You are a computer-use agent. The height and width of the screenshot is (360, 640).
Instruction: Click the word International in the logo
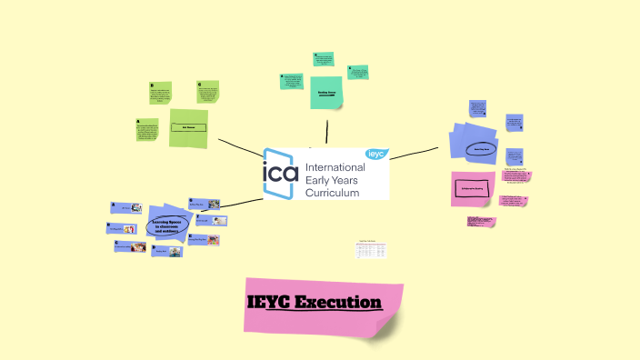335,167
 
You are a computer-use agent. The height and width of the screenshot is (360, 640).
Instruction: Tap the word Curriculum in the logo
333,193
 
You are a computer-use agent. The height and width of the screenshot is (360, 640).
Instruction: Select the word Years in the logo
345,180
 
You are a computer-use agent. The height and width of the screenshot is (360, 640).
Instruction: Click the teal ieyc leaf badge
376,154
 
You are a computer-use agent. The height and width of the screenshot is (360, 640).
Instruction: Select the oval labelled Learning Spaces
164,226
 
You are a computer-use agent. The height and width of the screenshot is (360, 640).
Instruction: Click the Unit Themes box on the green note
189,127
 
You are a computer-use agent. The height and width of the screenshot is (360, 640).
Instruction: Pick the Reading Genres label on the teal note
327,92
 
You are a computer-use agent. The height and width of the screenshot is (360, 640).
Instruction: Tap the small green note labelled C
208,92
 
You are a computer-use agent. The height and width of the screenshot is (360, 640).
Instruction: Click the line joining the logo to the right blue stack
415,152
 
